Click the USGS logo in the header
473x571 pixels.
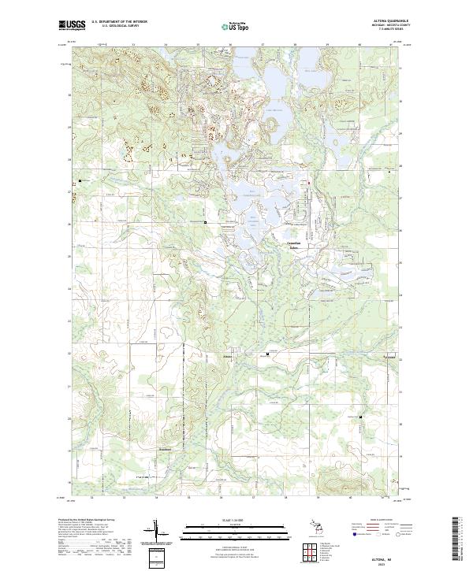(x=72, y=25)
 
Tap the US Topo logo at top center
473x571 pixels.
(x=237, y=26)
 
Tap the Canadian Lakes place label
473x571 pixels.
(x=294, y=245)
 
